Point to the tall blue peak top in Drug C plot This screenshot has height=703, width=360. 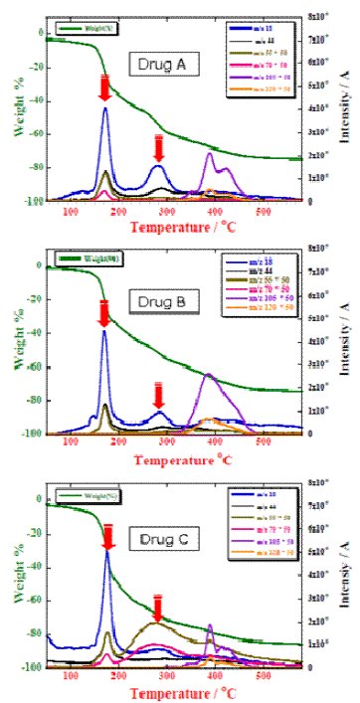(108, 553)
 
